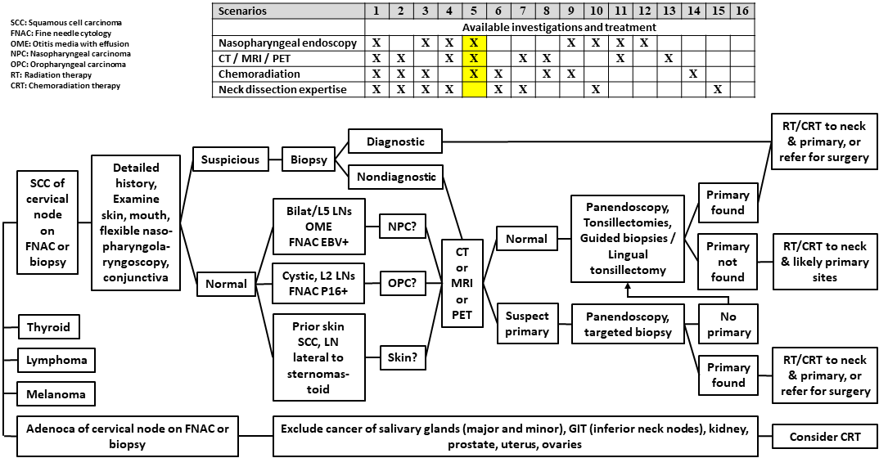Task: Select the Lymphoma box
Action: coord(55,361)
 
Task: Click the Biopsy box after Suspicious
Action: coord(305,159)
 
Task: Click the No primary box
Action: coord(728,324)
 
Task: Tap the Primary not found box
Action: coord(728,262)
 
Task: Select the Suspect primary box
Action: coord(527,324)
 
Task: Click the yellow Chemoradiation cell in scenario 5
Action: coord(475,74)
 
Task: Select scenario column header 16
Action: coord(742,11)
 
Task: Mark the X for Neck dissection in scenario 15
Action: coord(717,89)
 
